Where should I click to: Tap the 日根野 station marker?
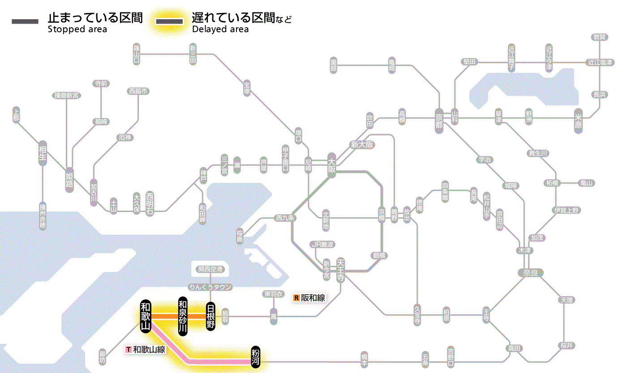click(210, 316)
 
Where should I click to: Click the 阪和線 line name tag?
click(309, 297)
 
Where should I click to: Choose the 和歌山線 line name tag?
click(146, 349)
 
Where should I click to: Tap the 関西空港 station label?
click(210, 269)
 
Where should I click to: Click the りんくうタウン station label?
click(210, 287)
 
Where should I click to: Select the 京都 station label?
click(439, 119)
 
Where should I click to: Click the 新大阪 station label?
click(362, 144)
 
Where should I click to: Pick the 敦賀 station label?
click(600, 37)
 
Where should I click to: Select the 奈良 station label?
click(530, 272)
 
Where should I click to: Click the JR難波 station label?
click(323, 244)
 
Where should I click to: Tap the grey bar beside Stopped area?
click(25, 22)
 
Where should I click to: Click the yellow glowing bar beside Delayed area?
click(169, 22)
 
